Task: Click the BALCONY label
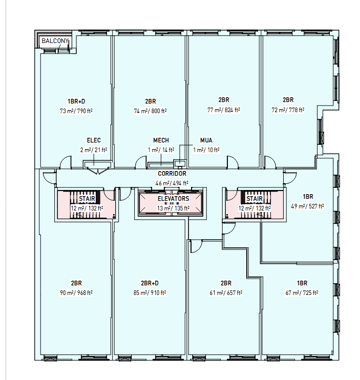click(55, 41)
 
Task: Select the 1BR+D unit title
click(76, 101)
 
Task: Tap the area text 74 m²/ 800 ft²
click(150, 111)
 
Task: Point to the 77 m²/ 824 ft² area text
click(224, 110)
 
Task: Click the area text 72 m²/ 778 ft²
click(288, 110)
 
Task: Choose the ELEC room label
click(94, 140)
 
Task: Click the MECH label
click(161, 140)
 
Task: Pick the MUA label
click(206, 140)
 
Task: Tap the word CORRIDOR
click(172, 174)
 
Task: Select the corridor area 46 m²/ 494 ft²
click(172, 183)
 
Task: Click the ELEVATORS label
click(173, 199)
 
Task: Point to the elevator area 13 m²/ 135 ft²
click(173, 208)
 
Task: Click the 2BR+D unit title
click(150, 283)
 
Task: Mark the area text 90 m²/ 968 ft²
click(76, 293)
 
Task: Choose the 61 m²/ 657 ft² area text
click(226, 293)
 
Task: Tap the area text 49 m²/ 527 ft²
click(307, 206)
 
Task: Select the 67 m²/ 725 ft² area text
click(302, 293)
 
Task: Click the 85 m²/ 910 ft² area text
click(150, 293)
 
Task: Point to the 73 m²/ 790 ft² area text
click(76, 111)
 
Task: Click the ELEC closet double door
click(97, 171)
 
